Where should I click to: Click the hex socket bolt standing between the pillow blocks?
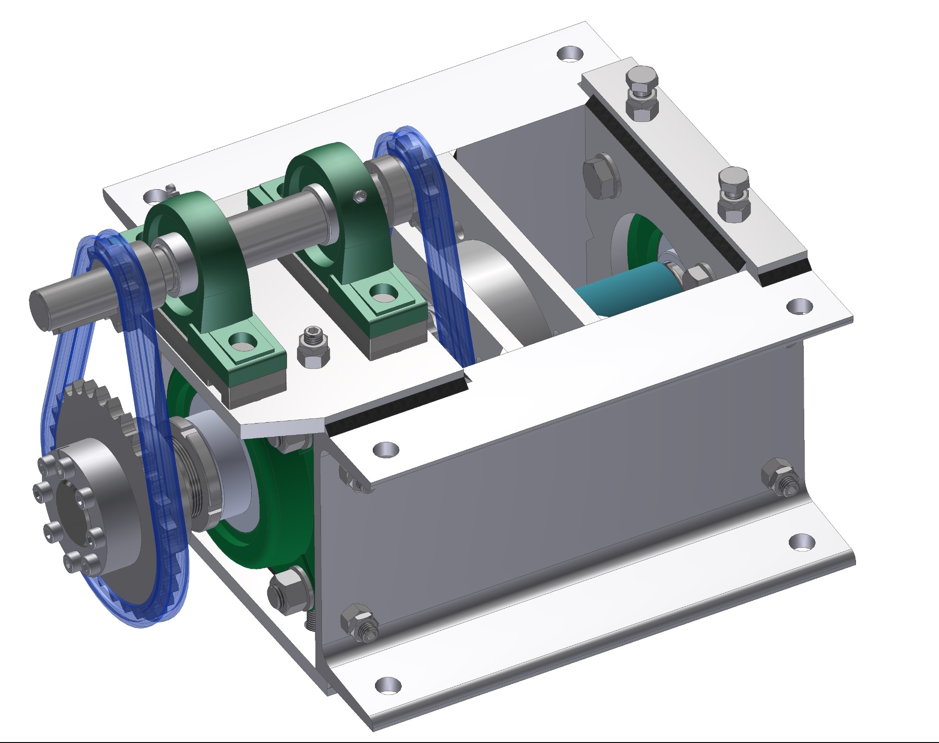click(x=313, y=348)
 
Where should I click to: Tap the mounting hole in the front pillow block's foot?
click(x=241, y=341)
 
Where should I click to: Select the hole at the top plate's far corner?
click(x=569, y=54)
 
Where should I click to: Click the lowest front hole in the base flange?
click(x=388, y=686)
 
